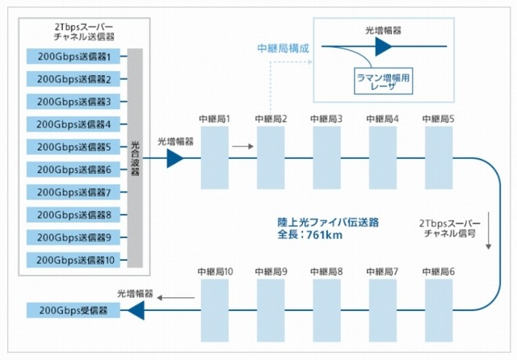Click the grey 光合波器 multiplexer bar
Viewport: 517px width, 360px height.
tap(135, 158)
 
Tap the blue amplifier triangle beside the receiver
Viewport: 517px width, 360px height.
tap(135, 310)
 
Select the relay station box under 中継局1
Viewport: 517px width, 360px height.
tap(215, 159)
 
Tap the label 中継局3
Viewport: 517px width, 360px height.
tap(326, 119)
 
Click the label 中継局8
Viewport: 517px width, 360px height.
tap(326, 271)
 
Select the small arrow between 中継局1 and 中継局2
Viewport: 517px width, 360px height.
tap(242, 147)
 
